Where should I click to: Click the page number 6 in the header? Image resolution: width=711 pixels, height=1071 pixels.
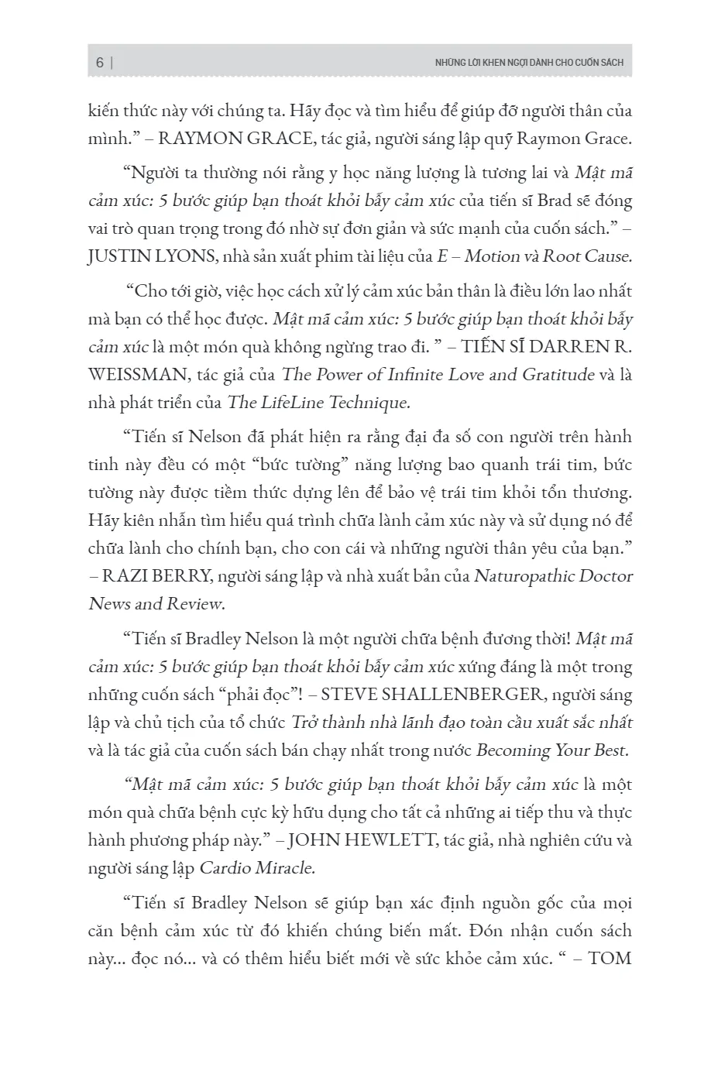100,63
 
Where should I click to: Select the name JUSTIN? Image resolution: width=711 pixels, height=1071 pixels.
117,256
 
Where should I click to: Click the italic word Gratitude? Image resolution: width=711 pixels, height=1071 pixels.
558,375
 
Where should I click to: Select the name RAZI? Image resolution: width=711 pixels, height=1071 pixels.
127,576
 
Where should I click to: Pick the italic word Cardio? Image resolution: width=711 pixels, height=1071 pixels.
225,868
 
